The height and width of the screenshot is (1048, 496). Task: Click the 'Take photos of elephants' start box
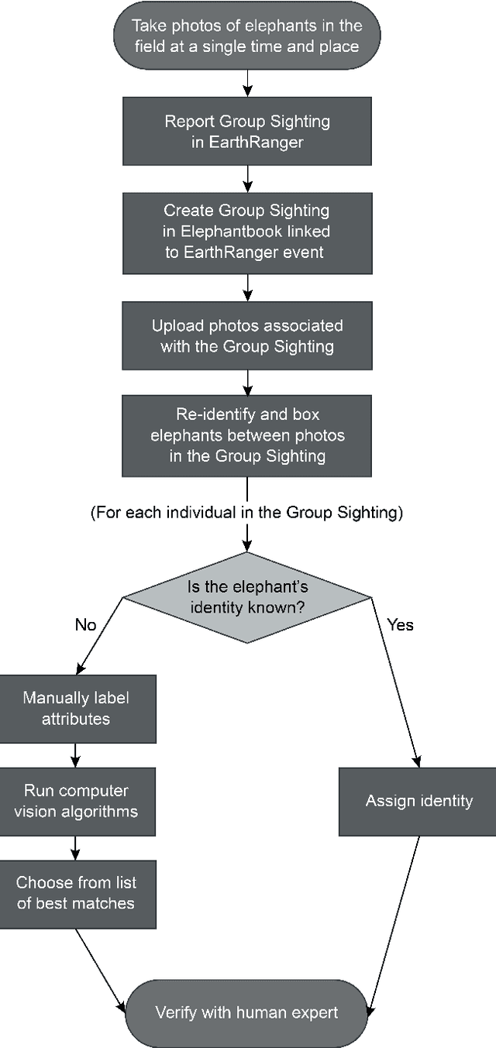pos(246,36)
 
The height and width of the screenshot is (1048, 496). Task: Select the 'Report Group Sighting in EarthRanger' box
pos(246,132)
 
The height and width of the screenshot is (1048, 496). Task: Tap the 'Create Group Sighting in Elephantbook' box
pos(246,230)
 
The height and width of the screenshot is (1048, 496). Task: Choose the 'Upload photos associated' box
pos(246,335)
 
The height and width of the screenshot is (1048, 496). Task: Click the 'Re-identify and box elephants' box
pos(246,435)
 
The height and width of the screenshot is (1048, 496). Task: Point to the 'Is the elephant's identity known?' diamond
pos(246,596)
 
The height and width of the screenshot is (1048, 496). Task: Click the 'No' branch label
pos(85,624)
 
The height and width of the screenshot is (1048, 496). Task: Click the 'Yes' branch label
pos(400,624)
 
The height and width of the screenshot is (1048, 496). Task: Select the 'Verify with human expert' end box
pos(246,1012)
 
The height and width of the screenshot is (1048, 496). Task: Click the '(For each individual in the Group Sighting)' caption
pos(246,513)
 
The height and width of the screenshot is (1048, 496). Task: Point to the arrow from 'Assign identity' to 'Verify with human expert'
pos(395,922)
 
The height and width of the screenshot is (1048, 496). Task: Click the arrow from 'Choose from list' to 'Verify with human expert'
pos(101,968)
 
